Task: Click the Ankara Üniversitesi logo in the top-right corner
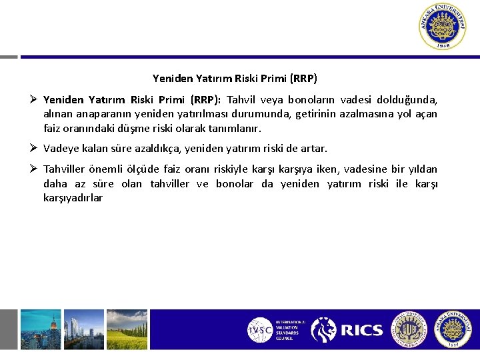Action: coord(443,27)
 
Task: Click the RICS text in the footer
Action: coord(361,330)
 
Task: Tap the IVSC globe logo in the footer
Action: coord(260,330)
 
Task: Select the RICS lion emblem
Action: coord(324,329)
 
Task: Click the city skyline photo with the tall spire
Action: coord(40,329)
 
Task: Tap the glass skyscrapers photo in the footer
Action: coord(84,329)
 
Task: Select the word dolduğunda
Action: coord(407,100)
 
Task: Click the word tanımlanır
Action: coord(235,128)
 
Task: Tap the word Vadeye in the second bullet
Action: coord(60,148)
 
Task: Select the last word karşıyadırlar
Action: coord(73,197)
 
